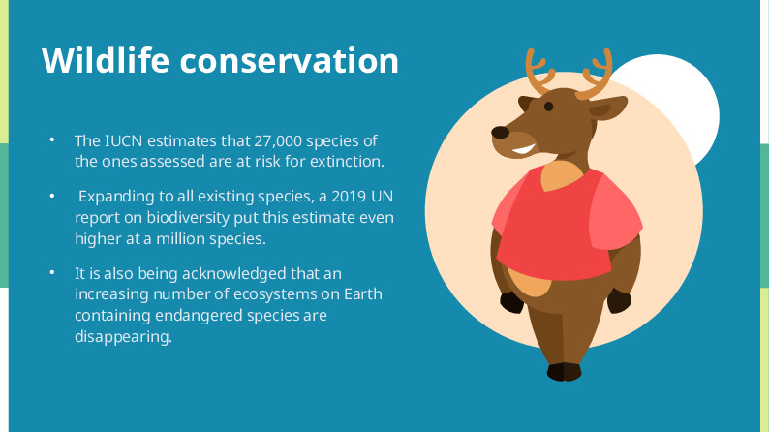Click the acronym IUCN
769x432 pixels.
[x=126, y=140]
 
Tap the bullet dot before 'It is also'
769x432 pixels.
[x=53, y=273]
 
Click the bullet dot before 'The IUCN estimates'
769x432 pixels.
[x=53, y=140]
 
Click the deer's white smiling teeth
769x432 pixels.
[x=524, y=151]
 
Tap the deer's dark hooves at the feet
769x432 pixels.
[x=564, y=371]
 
